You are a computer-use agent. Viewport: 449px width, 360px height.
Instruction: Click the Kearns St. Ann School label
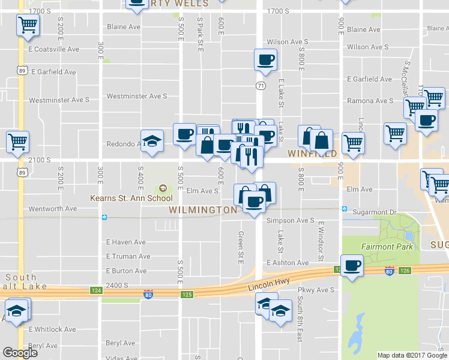pos(131,198)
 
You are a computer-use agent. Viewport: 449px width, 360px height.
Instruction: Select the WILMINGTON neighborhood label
pos(203,210)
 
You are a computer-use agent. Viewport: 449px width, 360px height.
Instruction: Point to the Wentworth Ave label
pos(54,208)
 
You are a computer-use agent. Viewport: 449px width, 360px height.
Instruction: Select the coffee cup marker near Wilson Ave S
pos(265,59)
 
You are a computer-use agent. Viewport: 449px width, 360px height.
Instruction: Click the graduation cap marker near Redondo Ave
pos(152,141)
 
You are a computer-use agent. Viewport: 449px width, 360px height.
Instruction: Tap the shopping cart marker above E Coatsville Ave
pos(28,26)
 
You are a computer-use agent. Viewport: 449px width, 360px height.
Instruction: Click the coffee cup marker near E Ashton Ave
pos(352,265)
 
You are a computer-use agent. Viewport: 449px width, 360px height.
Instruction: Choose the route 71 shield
pos(261,86)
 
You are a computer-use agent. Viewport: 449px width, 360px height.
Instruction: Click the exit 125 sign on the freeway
pos(187,295)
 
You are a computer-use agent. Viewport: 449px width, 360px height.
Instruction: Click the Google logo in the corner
pos(20,353)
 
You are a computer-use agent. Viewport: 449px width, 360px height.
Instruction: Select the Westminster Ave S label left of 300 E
pos(59,100)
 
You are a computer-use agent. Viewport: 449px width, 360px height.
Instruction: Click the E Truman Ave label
pos(128,256)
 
